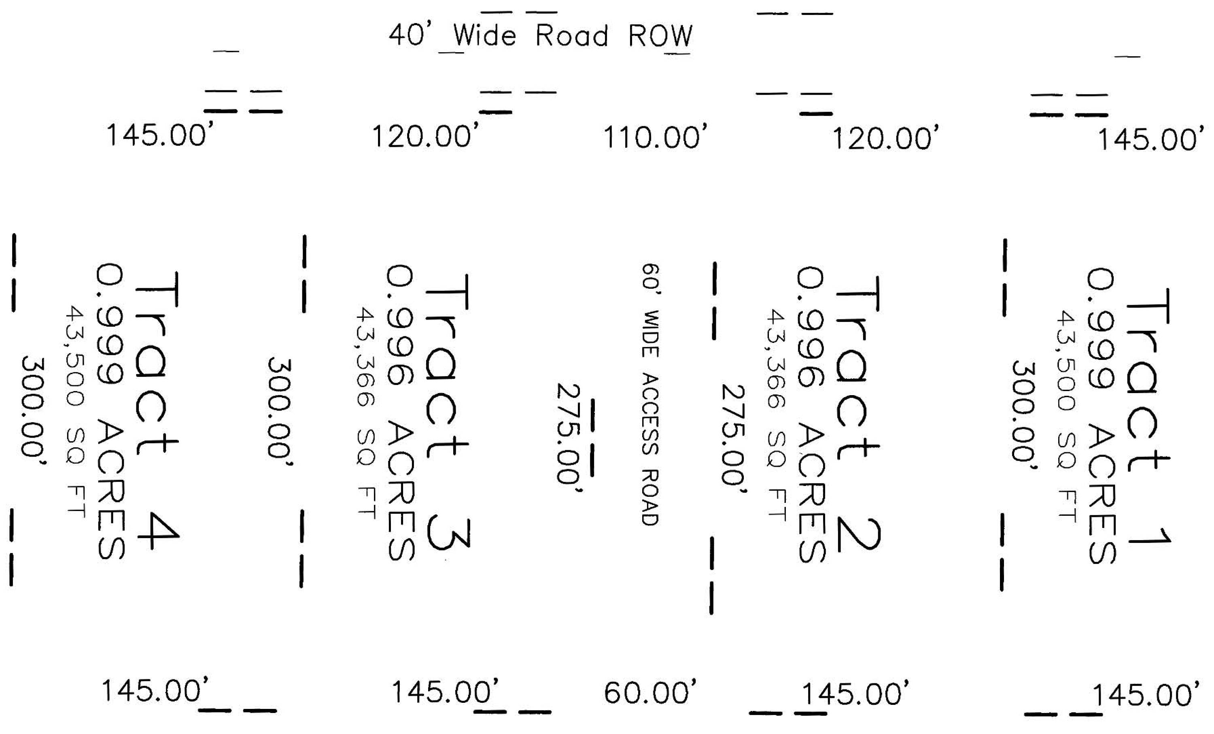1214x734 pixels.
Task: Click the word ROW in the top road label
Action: pos(660,36)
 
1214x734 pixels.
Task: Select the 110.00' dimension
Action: pos(655,136)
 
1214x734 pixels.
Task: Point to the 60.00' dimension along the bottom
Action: pos(650,693)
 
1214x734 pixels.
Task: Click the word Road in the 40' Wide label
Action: pos(571,36)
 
